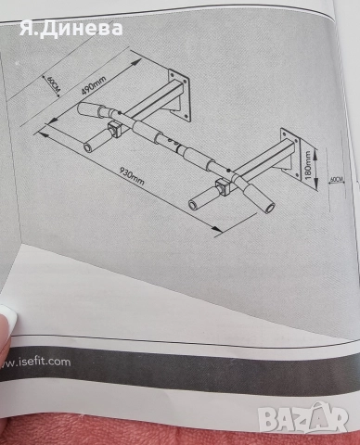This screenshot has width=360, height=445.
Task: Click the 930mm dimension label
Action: [x=132, y=176]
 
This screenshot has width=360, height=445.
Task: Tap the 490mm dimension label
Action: [x=94, y=85]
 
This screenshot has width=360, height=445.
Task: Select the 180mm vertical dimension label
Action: [x=307, y=165]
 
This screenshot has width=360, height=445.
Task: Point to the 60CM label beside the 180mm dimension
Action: [x=337, y=179]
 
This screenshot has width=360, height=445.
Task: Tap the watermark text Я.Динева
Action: [x=71, y=29]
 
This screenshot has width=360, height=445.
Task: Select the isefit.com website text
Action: [x=35, y=362]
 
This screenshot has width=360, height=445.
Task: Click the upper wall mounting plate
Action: [x=179, y=94]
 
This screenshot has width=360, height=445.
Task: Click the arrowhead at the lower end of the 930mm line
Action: [x=217, y=229]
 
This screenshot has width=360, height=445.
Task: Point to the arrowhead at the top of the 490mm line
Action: [x=135, y=63]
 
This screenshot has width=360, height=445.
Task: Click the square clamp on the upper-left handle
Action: [x=114, y=130]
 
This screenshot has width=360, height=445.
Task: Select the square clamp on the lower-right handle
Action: [x=222, y=188]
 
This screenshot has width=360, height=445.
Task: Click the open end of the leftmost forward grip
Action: [x=87, y=147]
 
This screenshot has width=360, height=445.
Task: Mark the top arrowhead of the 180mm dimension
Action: [x=315, y=151]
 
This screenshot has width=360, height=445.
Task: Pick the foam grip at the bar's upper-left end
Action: [x=89, y=109]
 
